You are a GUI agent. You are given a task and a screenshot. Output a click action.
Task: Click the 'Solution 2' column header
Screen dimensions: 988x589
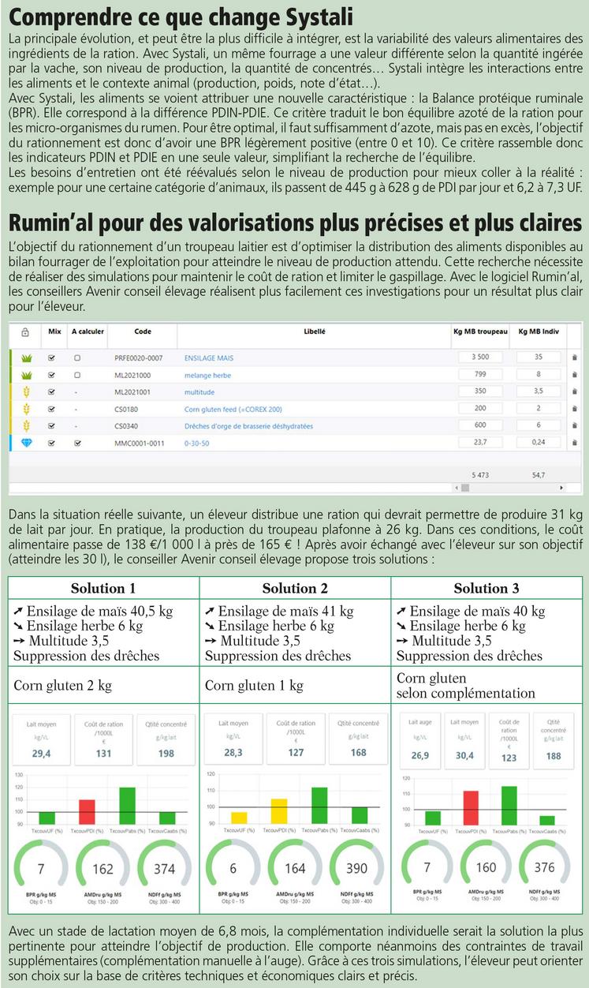[295, 588]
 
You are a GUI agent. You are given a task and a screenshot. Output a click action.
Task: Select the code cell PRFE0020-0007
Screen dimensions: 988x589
[138, 357]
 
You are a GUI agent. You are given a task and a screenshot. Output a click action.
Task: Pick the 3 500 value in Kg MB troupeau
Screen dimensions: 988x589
[480, 357]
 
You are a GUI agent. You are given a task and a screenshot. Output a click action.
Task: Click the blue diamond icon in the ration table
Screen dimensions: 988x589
[26, 443]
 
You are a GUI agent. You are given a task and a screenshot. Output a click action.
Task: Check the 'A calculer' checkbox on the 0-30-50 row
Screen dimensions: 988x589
[77, 443]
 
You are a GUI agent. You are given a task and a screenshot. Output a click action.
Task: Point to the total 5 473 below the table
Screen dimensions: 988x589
[479, 475]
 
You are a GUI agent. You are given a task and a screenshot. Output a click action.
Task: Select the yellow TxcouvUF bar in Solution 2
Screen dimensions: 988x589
[239, 818]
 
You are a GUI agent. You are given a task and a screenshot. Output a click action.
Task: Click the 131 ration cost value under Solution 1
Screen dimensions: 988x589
[104, 754]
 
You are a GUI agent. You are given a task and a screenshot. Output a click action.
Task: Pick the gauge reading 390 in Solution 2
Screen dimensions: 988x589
[356, 868]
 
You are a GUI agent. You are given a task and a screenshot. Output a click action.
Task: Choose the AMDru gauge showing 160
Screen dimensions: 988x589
[486, 867]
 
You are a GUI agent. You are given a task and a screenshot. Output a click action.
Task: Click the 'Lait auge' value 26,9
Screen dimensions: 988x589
[420, 755]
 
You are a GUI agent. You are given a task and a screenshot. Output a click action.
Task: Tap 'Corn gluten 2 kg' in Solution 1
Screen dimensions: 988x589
[62, 685]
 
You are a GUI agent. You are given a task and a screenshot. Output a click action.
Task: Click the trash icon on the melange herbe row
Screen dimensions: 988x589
[574, 375]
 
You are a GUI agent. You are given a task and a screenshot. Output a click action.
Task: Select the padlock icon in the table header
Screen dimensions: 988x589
[25, 332]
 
